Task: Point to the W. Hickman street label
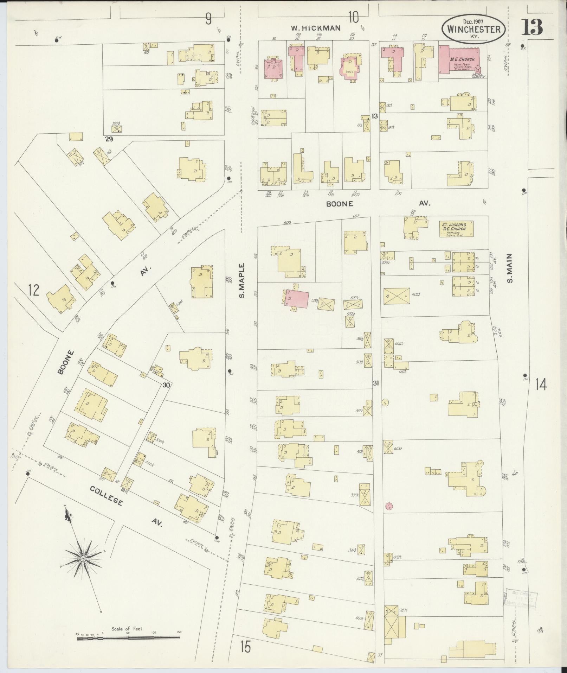tap(316, 28)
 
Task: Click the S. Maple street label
tap(241, 280)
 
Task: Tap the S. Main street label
tap(509, 268)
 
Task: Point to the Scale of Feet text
tap(128, 629)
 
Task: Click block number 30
tap(166, 385)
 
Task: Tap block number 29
tap(109, 139)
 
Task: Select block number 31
tap(376, 383)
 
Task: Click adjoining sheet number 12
tap(34, 290)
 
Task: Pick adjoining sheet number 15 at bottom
tap(246, 646)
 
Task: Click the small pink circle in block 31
tap(389, 507)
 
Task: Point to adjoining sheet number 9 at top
tap(209, 18)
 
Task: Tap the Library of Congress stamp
tap(521, 598)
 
